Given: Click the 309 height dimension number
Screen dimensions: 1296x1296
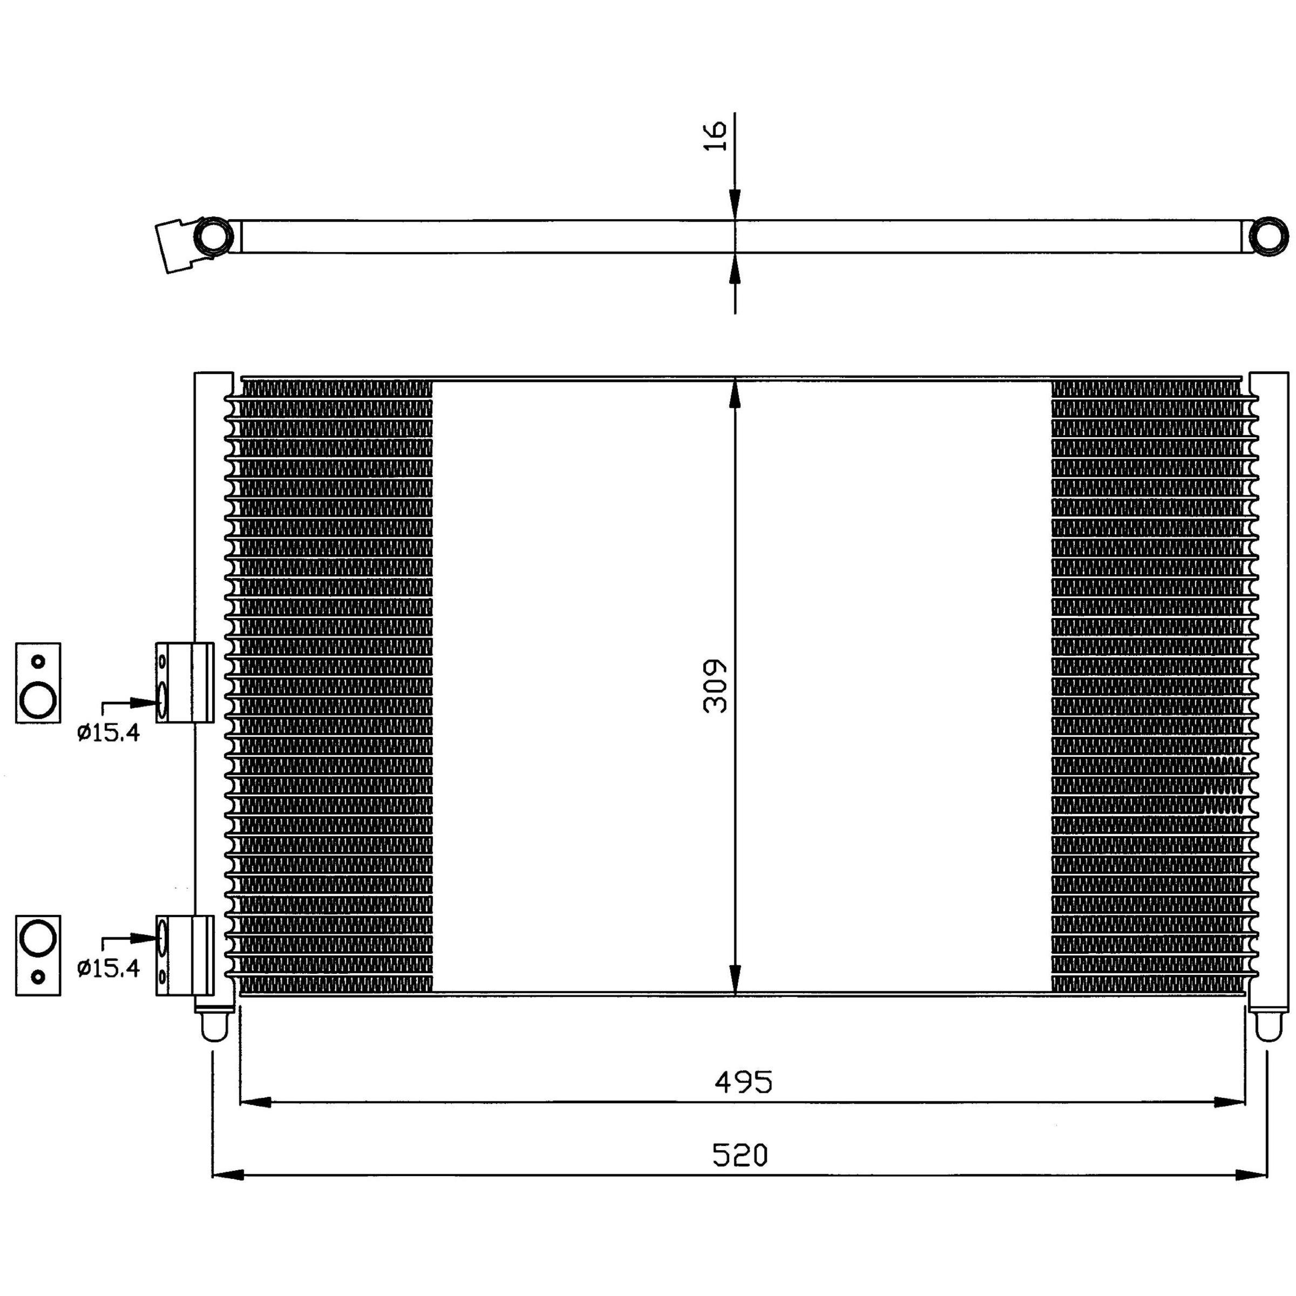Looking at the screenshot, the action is tap(716, 686).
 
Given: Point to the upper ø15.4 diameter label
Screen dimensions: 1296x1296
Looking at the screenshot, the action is tap(108, 733).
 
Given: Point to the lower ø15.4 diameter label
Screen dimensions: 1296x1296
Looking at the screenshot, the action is tap(108, 968).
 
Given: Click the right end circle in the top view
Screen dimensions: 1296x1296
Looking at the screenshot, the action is tap(1271, 235).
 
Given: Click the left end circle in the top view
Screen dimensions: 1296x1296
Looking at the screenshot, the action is tap(213, 236).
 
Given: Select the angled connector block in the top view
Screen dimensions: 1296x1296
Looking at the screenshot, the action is tap(177, 246).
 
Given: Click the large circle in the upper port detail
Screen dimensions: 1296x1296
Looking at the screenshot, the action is tap(38, 700).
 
